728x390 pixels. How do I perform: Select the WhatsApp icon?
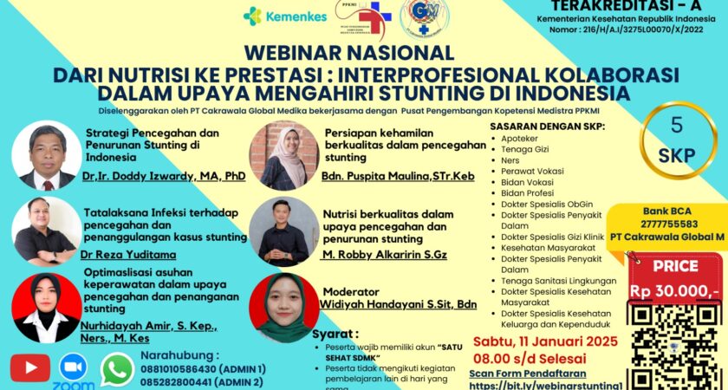coord(117,367)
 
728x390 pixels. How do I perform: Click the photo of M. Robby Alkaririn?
coord(283,231)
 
